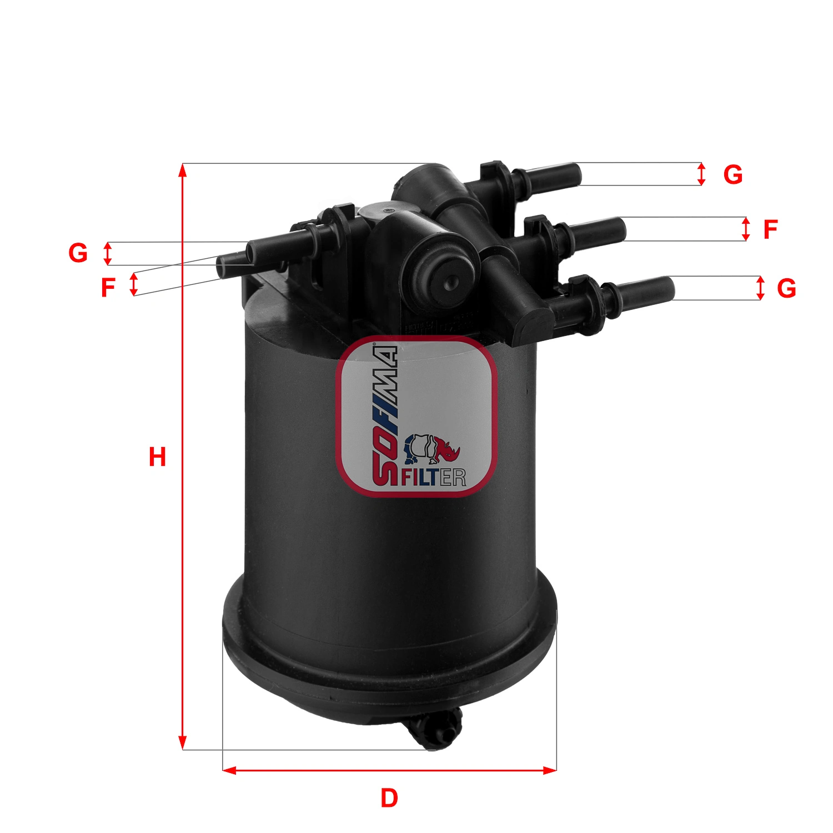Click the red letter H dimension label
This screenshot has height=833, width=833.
tap(157, 457)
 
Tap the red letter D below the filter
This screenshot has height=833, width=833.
tap(389, 798)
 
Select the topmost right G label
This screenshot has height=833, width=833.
tap(732, 175)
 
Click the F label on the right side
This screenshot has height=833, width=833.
tap(770, 229)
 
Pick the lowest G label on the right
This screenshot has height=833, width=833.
tap(786, 288)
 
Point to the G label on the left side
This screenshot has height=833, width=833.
tap(78, 253)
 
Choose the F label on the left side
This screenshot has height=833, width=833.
tap(108, 288)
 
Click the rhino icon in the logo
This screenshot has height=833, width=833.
tap(432, 449)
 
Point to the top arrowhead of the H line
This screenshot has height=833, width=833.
tap(182, 169)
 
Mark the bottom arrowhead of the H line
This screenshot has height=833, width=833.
tap(182, 744)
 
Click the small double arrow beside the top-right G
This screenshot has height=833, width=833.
tap(702, 174)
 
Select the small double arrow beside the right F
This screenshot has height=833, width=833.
tap(746, 229)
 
